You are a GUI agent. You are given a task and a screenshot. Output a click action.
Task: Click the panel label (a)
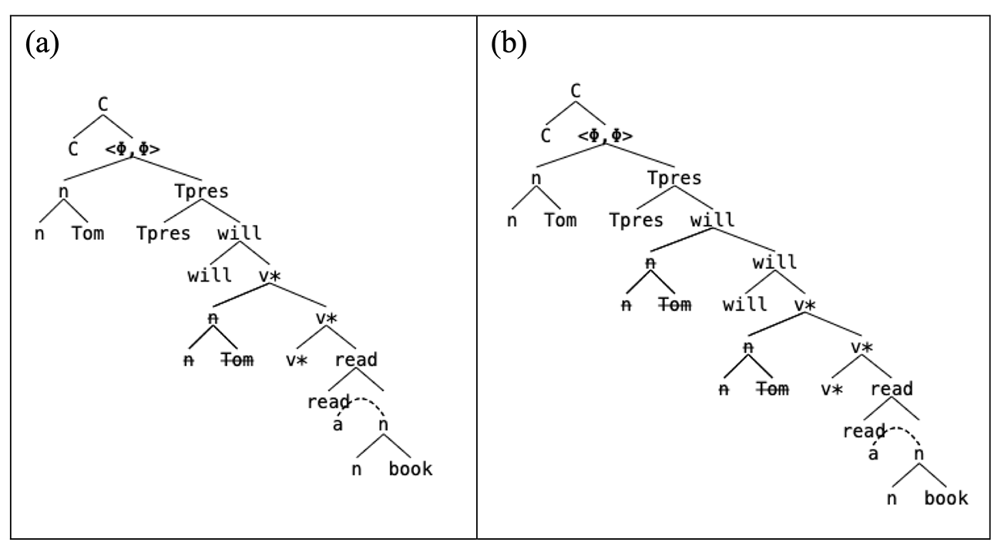42,43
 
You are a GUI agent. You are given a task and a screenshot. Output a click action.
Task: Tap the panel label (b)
509,43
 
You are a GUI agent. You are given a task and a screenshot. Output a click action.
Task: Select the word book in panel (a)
411,469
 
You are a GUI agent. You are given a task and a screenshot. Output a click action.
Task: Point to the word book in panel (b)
946,498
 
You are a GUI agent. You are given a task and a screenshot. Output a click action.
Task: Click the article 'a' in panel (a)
338,425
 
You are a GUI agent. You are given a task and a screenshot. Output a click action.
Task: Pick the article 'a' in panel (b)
873,454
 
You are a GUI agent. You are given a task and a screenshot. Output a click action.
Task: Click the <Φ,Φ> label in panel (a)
133,149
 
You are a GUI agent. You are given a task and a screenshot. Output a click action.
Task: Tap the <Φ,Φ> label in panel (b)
605,136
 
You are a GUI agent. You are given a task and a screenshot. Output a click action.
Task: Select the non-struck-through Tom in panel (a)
88,234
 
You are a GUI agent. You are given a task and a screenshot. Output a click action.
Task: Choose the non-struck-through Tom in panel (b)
561,221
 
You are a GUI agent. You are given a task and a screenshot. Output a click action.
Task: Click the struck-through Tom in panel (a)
237,360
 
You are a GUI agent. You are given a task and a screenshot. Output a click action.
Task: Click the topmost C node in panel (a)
102,105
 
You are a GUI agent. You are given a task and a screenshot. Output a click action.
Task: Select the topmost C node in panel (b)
576,91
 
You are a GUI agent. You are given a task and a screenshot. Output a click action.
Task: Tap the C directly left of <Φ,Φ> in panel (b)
546,136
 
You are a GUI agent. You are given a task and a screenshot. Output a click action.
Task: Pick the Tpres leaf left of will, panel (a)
163,234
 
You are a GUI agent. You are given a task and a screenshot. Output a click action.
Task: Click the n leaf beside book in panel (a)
356,470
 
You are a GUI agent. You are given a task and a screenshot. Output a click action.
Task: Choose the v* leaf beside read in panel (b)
831,389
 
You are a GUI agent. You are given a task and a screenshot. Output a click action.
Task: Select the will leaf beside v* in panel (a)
210,275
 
